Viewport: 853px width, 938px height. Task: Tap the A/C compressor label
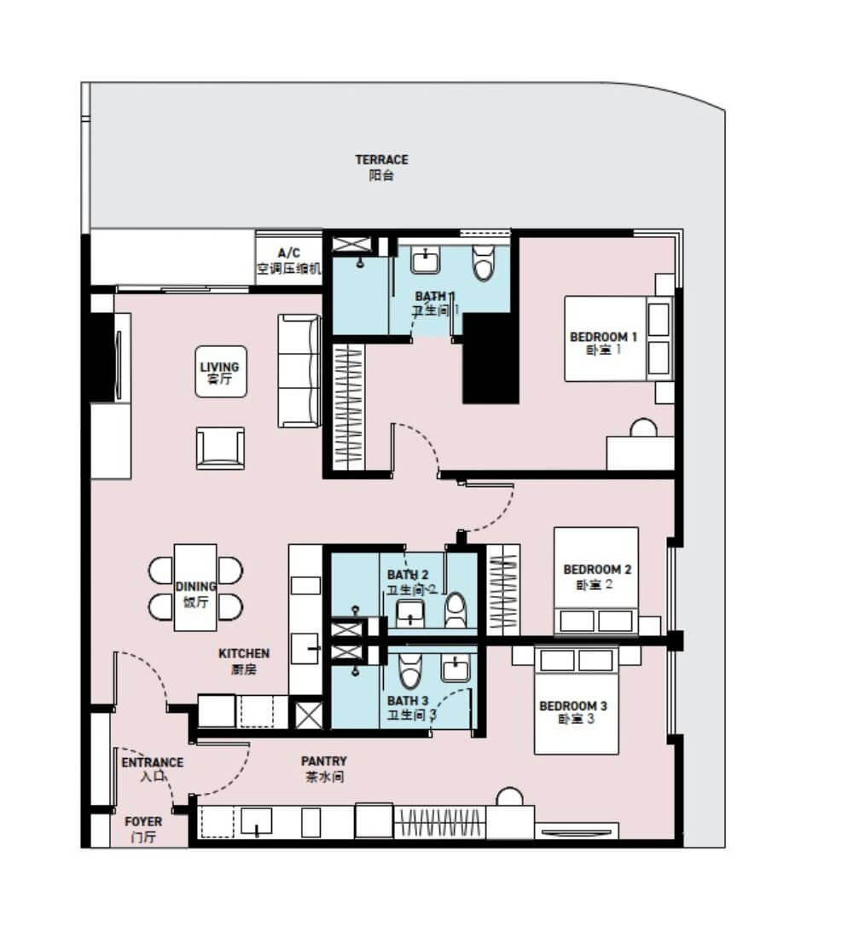point(289,261)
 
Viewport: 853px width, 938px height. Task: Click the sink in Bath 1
point(426,260)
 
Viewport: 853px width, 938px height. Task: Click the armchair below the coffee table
point(220,448)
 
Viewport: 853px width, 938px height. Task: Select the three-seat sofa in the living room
point(299,371)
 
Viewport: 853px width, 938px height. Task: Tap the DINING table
point(195,588)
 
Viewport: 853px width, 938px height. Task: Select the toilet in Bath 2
point(456,610)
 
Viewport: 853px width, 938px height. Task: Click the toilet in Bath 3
point(410,670)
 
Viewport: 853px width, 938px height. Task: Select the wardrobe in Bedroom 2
point(502,590)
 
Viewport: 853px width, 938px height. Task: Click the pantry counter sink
point(256,821)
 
